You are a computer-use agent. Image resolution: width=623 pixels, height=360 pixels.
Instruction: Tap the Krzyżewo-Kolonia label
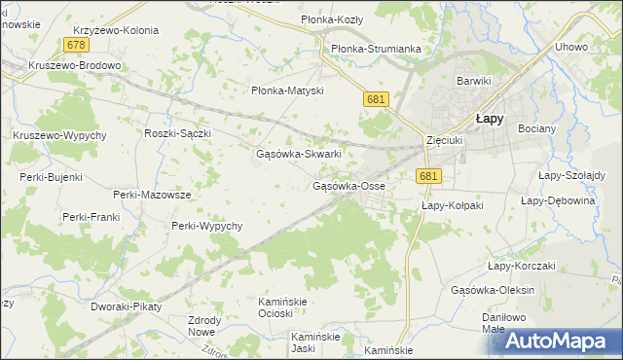pyautogui.click(x=115, y=30)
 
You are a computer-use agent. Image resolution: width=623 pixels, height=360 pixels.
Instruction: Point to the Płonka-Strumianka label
pyautogui.click(x=374, y=49)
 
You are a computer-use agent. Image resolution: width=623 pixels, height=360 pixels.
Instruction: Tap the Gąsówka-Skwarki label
pyautogui.click(x=298, y=154)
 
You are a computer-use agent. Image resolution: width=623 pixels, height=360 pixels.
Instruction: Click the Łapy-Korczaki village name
pyautogui.click(x=521, y=266)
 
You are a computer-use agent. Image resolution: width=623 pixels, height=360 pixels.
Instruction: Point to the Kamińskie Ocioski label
pyautogui.click(x=282, y=307)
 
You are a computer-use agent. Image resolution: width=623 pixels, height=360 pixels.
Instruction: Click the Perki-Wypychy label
pyautogui.click(x=206, y=226)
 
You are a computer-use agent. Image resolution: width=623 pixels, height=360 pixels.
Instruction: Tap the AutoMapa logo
pyautogui.click(x=558, y=340)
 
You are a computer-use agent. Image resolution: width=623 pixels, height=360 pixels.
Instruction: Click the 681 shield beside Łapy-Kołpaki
pyautogui.click(x=429, y=176)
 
